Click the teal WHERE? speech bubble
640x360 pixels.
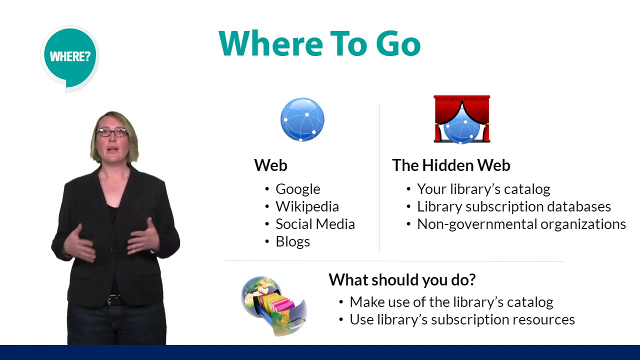69,56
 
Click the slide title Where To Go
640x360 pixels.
319,43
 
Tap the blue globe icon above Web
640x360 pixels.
302,120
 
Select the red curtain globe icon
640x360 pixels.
461,119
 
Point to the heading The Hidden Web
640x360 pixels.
451,165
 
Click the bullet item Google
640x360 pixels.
297,189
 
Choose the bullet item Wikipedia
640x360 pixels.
307,206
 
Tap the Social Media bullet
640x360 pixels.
315,224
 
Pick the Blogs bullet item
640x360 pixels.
292,241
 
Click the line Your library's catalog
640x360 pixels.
483,189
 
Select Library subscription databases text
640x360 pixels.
513,206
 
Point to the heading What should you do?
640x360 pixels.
401,280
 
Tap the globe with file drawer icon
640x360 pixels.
274,305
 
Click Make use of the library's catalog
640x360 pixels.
451,302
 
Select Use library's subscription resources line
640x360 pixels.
462,319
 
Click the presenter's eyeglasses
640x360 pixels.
112,132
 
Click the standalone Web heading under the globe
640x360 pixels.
270,165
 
